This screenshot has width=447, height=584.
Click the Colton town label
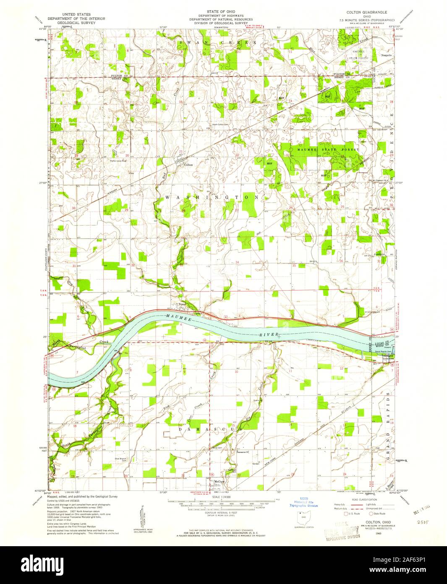coord(188,165)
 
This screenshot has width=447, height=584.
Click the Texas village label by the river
coord(181,305)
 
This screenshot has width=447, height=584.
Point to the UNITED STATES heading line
coord(76,14)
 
